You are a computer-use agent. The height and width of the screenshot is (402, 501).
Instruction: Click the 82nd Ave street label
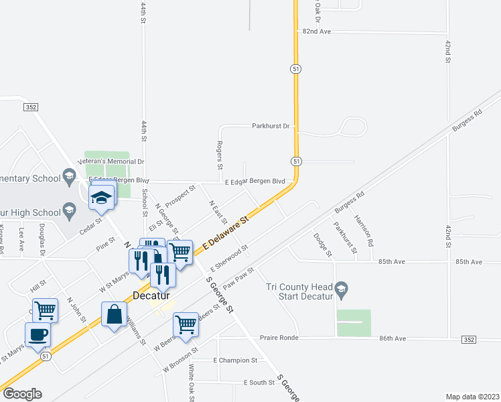(x=317, y=31)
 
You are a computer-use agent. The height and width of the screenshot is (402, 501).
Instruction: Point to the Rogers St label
(x=220, y=155)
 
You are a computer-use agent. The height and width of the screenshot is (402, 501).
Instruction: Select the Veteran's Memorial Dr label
(x=111, y=161)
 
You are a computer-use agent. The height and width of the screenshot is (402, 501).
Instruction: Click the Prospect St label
(x=180, y=196)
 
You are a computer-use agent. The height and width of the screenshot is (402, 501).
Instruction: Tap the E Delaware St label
(x=226, y=232)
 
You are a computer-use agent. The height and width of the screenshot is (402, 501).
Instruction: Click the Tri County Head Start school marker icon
(x=341, y=290)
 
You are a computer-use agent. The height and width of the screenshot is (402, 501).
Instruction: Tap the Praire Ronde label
(x=279, y=338)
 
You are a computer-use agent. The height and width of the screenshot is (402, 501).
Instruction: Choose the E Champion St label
(x=235, y=360)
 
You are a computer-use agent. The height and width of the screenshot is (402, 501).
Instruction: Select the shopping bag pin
(x=114, y=314)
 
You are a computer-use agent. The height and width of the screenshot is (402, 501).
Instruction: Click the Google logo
(x=22, y=394)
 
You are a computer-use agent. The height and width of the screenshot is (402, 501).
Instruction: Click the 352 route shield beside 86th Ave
(x=469, y=340)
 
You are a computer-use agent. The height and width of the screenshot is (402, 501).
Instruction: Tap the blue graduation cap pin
(x=101, y=196)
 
